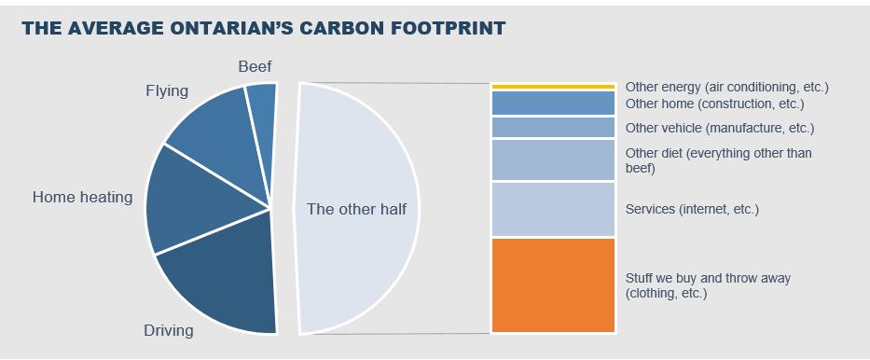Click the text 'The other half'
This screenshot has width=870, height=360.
[357, 209]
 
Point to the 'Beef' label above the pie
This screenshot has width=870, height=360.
[255, 66]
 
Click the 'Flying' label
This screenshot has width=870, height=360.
[166, 90]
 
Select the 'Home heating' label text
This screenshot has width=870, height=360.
[82, 197]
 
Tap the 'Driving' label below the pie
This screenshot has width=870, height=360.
[168, 330]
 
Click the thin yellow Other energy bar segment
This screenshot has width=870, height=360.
[552, 87]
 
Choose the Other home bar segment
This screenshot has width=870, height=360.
[552, 103]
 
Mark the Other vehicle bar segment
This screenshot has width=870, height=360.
[552, 128]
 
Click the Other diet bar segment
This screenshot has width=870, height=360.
[552, 159]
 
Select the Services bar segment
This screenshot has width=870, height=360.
[552, 209]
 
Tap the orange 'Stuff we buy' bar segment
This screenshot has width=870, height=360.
[552, 285]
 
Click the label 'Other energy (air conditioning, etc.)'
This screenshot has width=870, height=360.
[726, 87]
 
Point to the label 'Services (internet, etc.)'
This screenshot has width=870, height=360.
[692, 210]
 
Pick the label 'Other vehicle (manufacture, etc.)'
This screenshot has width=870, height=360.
[719, 128]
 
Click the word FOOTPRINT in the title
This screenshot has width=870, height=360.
[438, 28]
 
